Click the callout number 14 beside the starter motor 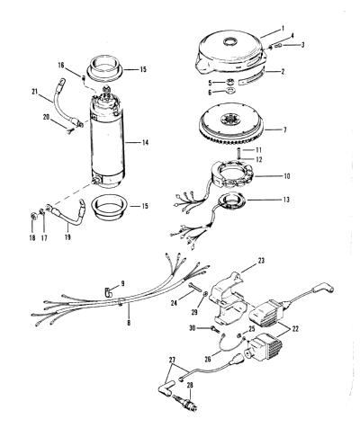pos(145,143)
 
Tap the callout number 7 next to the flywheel pos(284,129)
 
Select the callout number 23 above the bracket pos(261,261)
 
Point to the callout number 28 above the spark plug pos(190,385)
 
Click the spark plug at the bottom pos(184,401)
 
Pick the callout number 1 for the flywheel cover pos(283,29)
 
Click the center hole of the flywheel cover pos(229,41)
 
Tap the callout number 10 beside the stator pos(286,176)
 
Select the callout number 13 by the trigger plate pos(286,200)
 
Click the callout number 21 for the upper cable pos(35,92)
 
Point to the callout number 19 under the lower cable pos(67,237)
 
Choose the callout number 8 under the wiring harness pos(129,323)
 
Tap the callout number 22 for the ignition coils pos(295,329)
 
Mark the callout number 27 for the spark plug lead pos(172,360)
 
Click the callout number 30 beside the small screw pos(193,328)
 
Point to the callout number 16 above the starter pos(61,65)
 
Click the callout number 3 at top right pos(302,45)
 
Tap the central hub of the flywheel pos(230,120)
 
